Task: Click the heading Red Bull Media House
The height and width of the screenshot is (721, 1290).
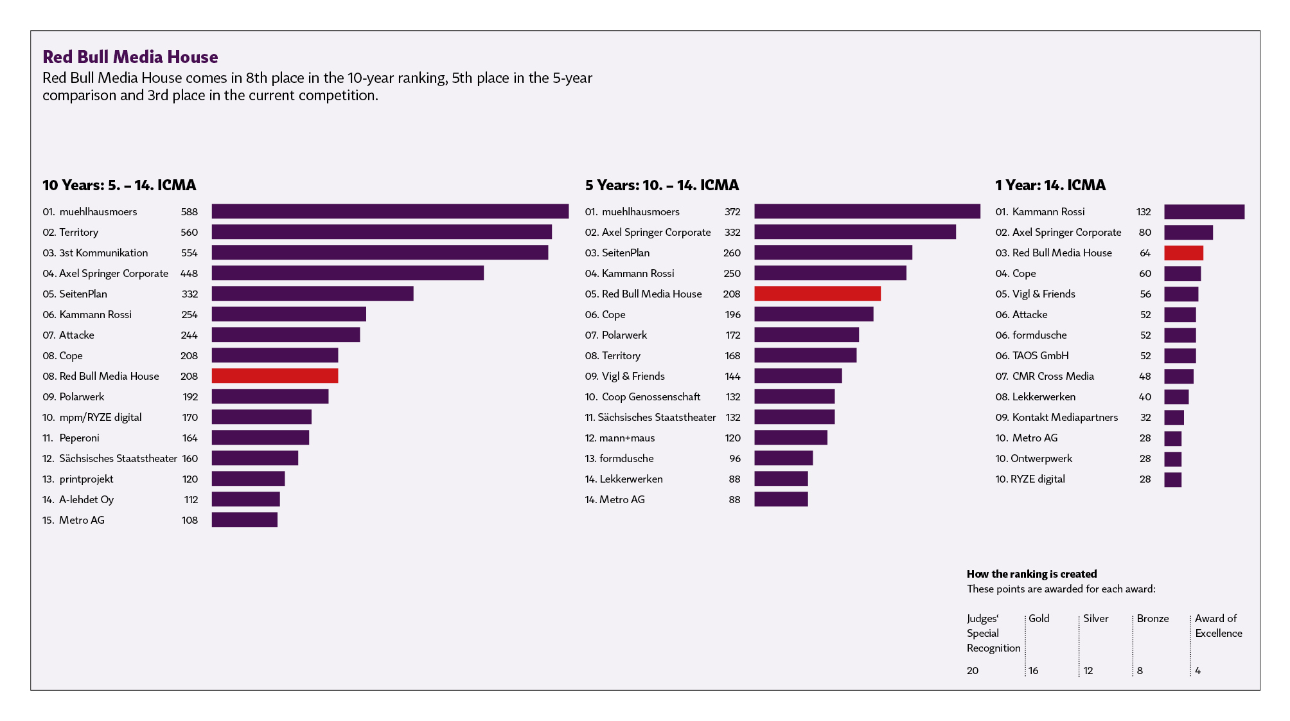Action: pyautogui.click(x=130, y=57)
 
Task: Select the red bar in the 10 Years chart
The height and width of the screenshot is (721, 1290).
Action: pyautogui.click(x=274, y=376)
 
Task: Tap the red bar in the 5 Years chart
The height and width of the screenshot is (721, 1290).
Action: pyautogui.click(x=817, y=294)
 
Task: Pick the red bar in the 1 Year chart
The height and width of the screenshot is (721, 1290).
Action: pyautogui.click(x=1183, y=253)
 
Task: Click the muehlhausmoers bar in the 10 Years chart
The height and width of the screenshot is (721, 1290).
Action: pyautogui.click(x=390, y=211)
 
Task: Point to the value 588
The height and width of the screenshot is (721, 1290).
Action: pyautogui.click(x=190, y=212)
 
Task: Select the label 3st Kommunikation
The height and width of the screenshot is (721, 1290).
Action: pyautogui.click(x=103, y=253)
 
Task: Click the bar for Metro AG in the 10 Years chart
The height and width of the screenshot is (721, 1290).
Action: pyautogui.click(x=244, y=520)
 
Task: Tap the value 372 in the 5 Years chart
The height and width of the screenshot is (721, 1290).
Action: pyautogui.click(x=732, y=212)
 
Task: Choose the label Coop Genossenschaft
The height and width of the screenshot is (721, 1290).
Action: pyautogui.click(x=651, y=397)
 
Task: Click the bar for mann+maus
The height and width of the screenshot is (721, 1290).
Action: pyautogui.click(x=791, y=438)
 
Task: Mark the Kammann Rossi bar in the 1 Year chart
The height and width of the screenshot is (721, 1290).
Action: pyautogui.click(x=1204, y=212)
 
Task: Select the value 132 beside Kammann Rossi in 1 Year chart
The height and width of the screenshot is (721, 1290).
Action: pyautogui.click(x=1144, y=212)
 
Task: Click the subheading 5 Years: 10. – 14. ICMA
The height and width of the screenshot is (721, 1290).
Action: pyautogui.click(x=662, y=186)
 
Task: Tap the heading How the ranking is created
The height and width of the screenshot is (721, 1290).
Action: pyautogui.click(x=1032, y=574)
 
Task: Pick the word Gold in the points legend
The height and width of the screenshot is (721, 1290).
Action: pyautogui.click(x=1039, y=618)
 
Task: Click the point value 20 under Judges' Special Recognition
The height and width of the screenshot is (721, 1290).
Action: pyautogui.click(x=973, y=671)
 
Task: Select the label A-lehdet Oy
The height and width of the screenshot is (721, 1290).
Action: pyautogui.click(x=86, y=500)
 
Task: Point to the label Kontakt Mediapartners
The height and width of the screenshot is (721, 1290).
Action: pyautogui.click(x=1065, y=418)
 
